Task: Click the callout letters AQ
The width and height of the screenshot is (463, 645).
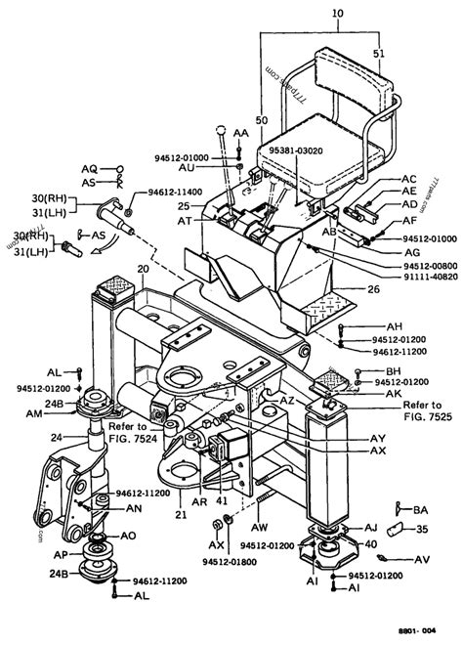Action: [x=89, y=168]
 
